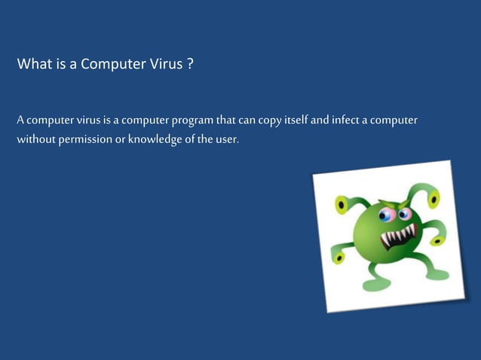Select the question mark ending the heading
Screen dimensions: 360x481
191,64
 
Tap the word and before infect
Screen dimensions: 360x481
328,121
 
